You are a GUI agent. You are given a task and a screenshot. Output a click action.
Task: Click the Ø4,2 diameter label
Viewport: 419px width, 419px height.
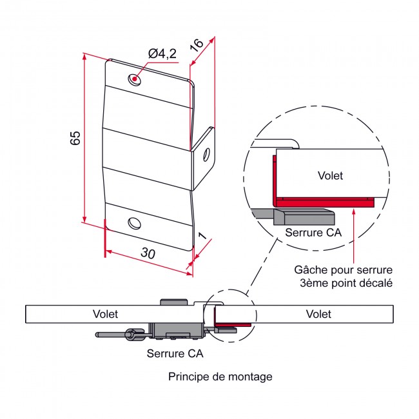(x=162, y=55)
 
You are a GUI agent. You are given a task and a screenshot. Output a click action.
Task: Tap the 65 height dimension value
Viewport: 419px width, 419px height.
(x=75, y=137)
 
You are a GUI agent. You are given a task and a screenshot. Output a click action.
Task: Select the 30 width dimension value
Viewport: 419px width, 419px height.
(x=148, y=254)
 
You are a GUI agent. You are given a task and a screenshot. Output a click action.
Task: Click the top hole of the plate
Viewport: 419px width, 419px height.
(x=135, y=80)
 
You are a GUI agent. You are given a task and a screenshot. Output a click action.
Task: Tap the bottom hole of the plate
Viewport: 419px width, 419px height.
(x=134, y=223)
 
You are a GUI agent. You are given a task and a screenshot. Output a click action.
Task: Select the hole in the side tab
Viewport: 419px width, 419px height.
(x=206, y=155)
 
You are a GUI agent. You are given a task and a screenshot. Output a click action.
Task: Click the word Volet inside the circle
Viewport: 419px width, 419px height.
(x=331, y=175)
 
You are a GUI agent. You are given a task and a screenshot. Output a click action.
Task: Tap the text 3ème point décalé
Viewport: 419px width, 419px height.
(x=346, y=282)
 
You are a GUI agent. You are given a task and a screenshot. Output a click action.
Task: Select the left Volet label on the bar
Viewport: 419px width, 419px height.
(x=105, y=314)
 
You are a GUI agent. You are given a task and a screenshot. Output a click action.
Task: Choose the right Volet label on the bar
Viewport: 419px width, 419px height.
(x=318, y=314)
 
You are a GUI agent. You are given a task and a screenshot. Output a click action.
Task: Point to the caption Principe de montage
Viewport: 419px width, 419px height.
(x=220, y=376)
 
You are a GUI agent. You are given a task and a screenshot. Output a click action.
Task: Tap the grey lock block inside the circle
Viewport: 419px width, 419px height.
(x=303, y=215)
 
